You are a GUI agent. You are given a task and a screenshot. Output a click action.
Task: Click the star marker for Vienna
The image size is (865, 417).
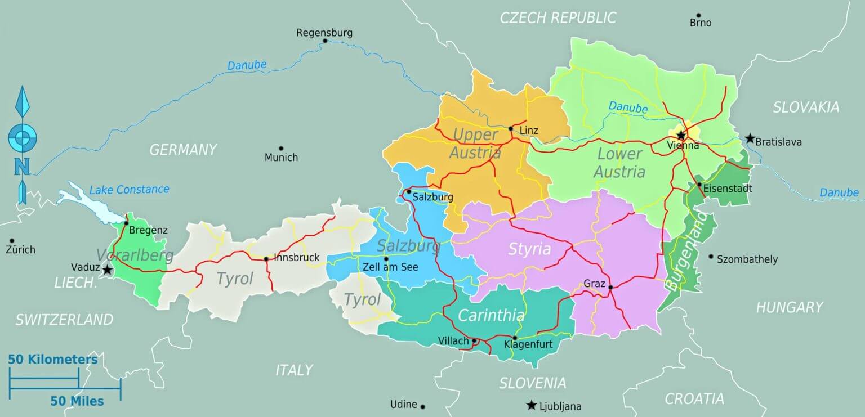681,135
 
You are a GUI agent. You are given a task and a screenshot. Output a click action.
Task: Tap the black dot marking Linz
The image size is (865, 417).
511,129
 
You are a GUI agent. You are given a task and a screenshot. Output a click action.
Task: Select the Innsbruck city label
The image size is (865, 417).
296,258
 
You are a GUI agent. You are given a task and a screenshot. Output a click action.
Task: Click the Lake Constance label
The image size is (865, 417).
129,190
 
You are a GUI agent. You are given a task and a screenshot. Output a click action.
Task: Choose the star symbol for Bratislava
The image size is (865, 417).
750,138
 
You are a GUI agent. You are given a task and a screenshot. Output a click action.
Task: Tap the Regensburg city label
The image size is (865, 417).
324,33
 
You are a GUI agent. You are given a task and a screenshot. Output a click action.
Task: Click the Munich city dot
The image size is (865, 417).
281,149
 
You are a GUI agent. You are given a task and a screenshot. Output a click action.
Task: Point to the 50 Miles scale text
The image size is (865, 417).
77,401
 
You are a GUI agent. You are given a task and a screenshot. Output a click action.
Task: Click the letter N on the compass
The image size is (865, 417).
22,167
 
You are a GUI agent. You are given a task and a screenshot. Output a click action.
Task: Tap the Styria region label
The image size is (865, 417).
529,249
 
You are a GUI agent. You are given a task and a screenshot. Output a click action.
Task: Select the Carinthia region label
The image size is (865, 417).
491,316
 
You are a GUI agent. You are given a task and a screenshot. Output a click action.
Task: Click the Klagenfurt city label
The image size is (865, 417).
528,344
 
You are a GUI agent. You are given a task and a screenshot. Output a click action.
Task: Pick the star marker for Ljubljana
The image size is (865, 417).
531,405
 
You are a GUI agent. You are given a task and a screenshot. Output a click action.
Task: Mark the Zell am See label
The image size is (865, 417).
390,267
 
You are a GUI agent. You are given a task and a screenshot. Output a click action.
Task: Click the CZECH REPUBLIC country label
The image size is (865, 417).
558,18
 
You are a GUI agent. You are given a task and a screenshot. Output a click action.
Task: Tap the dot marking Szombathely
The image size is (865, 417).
711,257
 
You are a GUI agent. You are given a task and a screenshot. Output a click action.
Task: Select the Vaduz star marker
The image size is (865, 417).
107,271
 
